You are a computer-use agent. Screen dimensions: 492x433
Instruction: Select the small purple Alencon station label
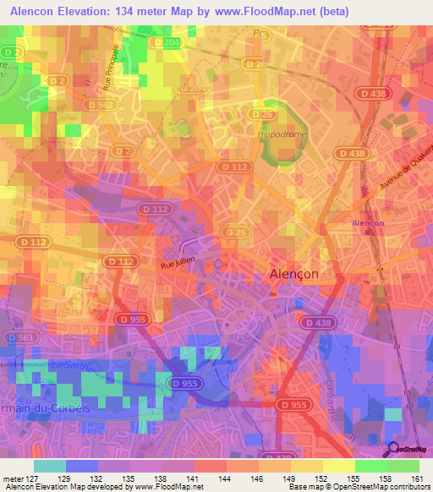coord(368,223)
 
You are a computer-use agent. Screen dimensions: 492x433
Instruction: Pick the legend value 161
coord(418,477)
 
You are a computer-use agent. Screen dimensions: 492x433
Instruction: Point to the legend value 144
coord(226,477)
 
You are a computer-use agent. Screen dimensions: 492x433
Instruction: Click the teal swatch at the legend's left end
coord(50,466)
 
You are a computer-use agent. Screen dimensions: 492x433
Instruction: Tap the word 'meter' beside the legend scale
coord(14,477)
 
